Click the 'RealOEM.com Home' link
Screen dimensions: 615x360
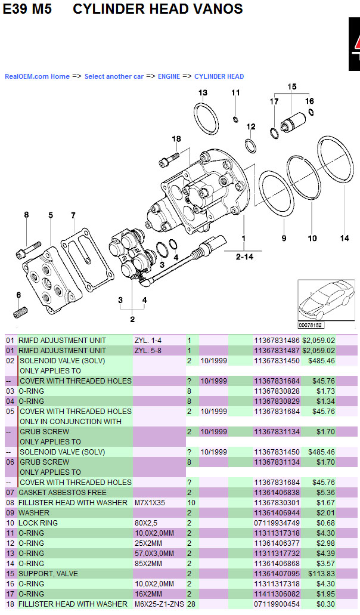pos(37,76)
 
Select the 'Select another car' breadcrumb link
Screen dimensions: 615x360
pos(114,76)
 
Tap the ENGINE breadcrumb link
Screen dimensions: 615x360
pos(169,76)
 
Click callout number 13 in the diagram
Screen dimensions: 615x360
pos(203,92)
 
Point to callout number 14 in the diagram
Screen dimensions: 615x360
pos(345,238)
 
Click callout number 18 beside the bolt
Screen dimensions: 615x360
pos(176,139)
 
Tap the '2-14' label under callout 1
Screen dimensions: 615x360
pos(244,256)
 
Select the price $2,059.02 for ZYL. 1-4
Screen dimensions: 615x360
pos(318,341)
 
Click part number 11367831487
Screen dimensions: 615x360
pos(277,351)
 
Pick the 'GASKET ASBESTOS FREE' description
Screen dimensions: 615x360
pos(63,493)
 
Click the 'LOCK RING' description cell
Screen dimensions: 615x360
pos(38,523)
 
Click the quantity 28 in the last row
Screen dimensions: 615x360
pos(192,604)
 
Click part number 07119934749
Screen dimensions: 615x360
pos(277,523)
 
